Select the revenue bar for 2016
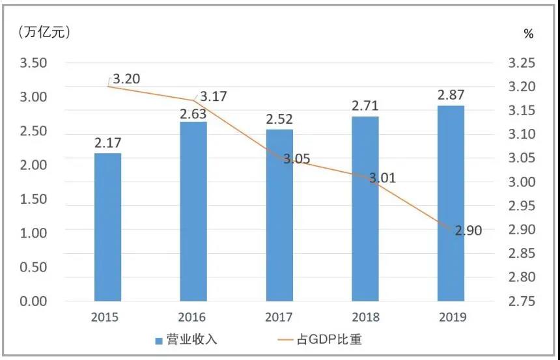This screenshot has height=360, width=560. (x=193, y=211)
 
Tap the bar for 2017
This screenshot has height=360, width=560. (x=279, y=215)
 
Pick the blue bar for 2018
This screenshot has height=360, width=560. (x=365, y=208)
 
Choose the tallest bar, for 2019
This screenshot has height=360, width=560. (x=451, y=203)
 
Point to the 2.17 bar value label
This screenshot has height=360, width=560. (x=107, y=142)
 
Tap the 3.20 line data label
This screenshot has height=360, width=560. (x=126, y=79)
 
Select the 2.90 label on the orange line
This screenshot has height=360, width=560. (x=468, y=230)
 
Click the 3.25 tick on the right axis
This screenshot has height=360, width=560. (x=522, y=63)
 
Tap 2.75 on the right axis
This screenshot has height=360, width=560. (x=522, y=301)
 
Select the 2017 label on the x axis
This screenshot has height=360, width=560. (x=279, y=318)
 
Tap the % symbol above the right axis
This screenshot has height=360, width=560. (x=528, y=34)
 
